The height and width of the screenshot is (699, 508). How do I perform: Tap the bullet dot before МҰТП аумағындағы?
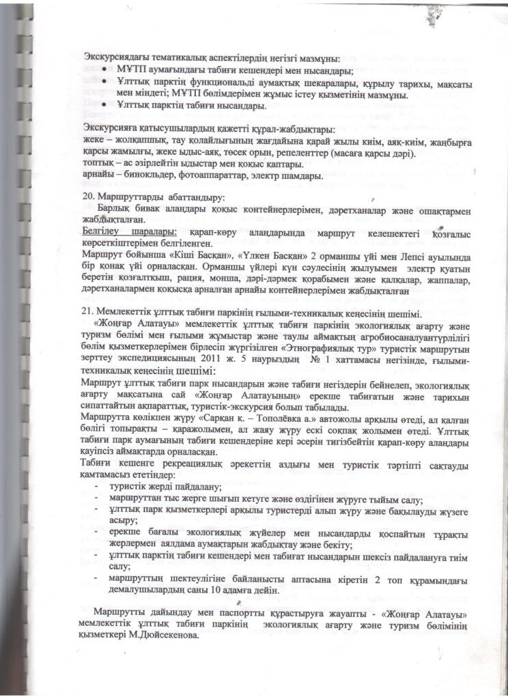pyautogui.click(x=104, y=70)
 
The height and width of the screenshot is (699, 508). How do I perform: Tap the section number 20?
pyautogui.click(x=86, y=195)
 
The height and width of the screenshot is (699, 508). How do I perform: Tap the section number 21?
pyautogui.click(x=86, y=311)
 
